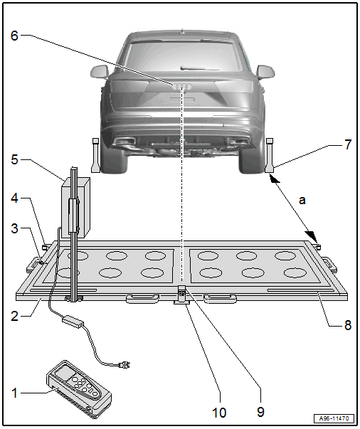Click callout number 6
(x=14, y=36)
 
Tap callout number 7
(x=348, y=144)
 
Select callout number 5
(x=14, y=159)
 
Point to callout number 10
(x=219, y=413)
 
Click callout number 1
(x=14, y=393)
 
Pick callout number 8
(x=348, y=325)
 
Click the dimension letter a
(x=302, y=201)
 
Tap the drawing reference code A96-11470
(x=334, y=418)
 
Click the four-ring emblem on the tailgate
(x=182, y=87)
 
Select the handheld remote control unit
(x=79, y=389)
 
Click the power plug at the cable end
(x=125, y=364)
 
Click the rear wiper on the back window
(x=200, y=68)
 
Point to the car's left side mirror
(x=99, y=71)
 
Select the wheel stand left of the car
(x=95, y=155)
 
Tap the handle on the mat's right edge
(x=329, y=263)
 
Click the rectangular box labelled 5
(x=75, y=208)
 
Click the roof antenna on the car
(x=182, y=31)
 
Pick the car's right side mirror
(x=265, y=73)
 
